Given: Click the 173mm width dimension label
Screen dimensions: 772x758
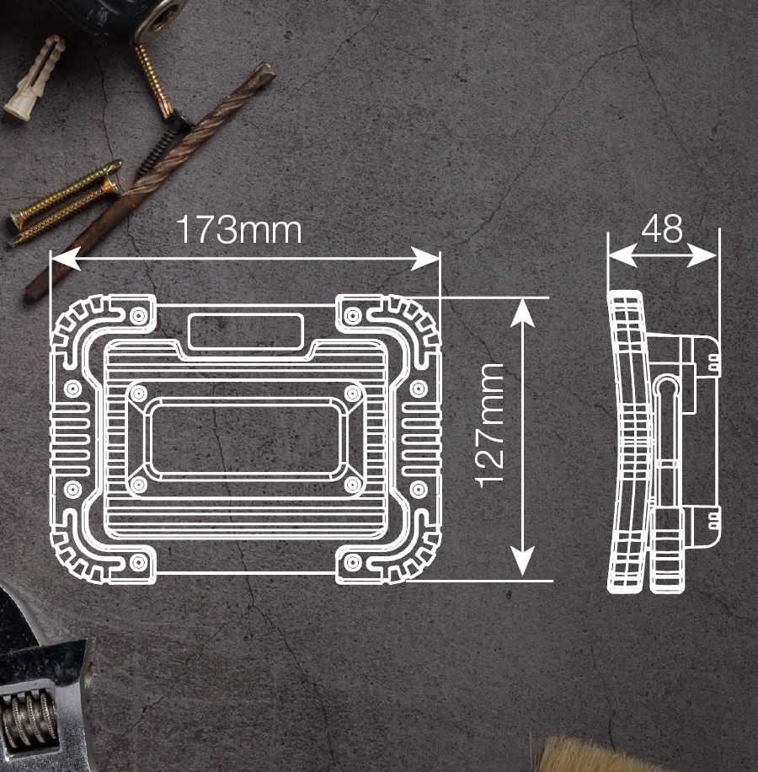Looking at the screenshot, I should click(x=238, y=229).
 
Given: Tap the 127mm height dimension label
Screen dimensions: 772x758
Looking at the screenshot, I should click(x=489, y=425).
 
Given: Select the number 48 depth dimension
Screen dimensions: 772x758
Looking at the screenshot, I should click(x=662, y=228).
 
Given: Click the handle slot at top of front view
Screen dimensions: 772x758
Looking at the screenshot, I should click(x=245, y=330).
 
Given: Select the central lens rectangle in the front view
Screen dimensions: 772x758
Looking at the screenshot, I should click(x=245, y=439).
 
